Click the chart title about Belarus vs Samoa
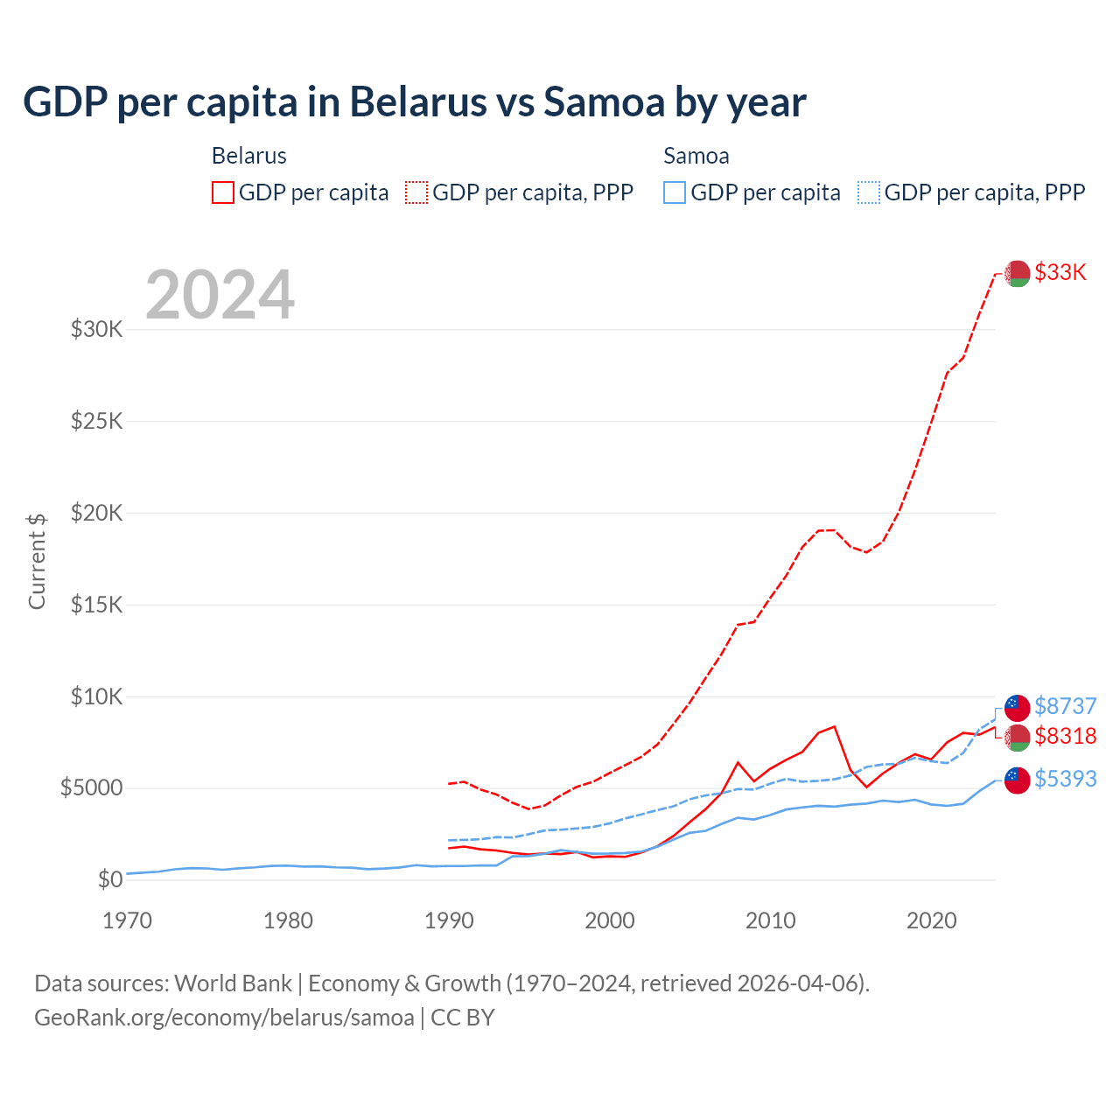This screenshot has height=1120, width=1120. pos(414,102)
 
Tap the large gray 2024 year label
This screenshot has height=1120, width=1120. pos(220,295)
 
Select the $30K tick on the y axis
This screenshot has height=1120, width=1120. pos(96,330)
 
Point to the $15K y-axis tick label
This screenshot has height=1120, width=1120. pos(96,605)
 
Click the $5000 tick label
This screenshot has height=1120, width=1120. pos(91,788)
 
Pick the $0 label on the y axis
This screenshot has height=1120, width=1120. pos(110,879)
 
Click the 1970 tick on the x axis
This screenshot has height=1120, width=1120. pos(128,920)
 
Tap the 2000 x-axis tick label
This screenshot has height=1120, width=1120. pos(610,920)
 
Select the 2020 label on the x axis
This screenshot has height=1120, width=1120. pos(932,920)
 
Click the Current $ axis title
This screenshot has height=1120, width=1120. pos(37,561)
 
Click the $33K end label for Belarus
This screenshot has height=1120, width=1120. pos(1060,272)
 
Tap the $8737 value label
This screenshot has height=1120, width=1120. pos(1065,706)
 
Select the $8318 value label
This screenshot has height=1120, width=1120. pos(1065,736)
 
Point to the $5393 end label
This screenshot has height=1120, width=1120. pos(1065,779)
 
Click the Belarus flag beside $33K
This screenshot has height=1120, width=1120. pos(1017,273)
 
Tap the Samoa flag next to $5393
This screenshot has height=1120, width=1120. pos(1017,780)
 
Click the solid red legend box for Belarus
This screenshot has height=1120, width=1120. pos(223,192)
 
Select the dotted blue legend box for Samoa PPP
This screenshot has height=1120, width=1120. pos(869,192)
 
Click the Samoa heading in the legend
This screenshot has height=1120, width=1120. pos(696,156)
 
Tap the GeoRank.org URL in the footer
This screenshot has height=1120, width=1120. pos(224,1018)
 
